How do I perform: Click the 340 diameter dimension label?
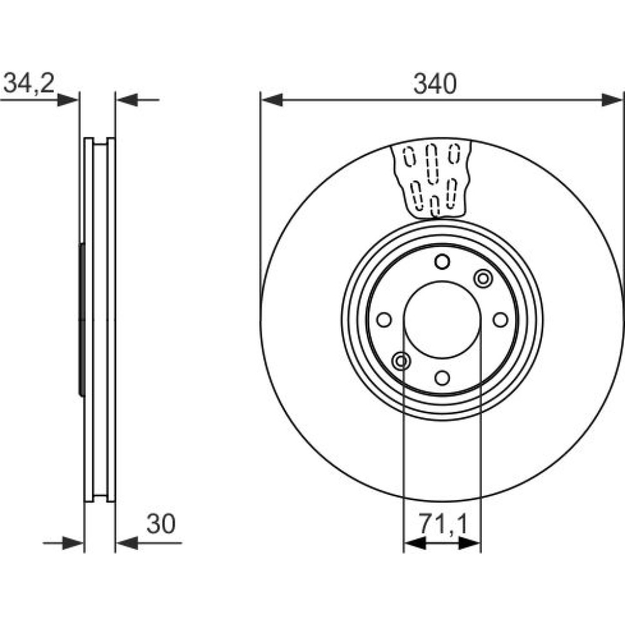click(434, 84)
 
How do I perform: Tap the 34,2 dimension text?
click(29, 83)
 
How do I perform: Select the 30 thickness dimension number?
click(161, 524)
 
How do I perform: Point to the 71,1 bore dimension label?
click(442, 524)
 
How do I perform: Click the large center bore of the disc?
click(442, 319)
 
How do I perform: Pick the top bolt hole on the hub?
click(442, 262)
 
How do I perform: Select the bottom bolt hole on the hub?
click(442, 377)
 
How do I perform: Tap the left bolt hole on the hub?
click(384, 319)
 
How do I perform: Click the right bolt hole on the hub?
click(500, 319)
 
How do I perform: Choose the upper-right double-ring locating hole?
click(483, 278)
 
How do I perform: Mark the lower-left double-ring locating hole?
click(401, 361)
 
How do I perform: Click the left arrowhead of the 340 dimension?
click(272, 100)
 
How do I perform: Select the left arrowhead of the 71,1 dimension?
click(414, 543)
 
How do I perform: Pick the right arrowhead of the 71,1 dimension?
click(469, 543)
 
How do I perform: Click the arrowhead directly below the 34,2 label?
click(67, 100)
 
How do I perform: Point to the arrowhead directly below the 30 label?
click(127, 543)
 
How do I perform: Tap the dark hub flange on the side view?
click(82, 319)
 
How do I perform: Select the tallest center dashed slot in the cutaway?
click(432, 164)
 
